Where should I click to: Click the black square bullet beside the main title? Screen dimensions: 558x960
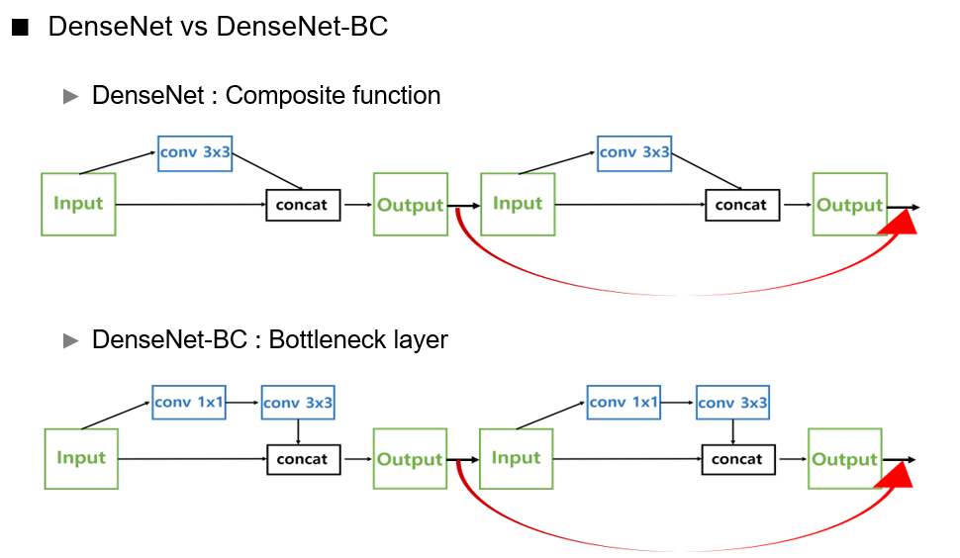pos(20,29)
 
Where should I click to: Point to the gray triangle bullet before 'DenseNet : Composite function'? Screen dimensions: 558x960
pos(70,96)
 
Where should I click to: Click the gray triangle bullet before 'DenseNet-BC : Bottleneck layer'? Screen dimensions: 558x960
pos(70,340)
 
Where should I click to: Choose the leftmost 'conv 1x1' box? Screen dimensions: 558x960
pos(189,403)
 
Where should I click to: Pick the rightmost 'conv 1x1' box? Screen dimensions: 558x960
pos(624,403)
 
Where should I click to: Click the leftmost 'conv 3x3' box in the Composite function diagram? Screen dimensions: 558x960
pos(195,153)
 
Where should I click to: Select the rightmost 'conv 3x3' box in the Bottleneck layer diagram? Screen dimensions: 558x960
pos(732,403)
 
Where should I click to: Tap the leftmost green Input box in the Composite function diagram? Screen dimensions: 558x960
pos(78,204)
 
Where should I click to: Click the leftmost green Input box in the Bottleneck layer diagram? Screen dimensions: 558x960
pos(81,458)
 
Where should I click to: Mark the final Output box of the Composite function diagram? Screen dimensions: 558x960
pos(849,205)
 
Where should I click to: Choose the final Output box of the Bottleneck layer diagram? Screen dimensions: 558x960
pos(844,459)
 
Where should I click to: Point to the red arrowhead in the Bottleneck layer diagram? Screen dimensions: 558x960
pos(897,477)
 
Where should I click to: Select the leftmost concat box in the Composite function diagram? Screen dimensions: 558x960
pos(303,205)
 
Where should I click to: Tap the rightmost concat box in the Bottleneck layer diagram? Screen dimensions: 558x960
pos(738,459)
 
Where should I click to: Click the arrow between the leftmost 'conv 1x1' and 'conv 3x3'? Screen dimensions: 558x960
pos(243,403)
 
